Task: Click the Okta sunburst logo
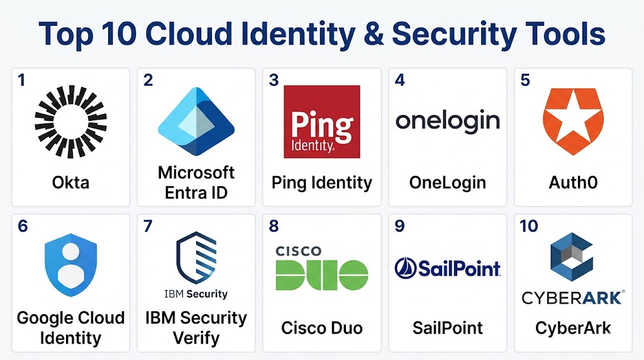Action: click(x=70, y=121)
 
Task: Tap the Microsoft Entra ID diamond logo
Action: click(x=196, y=121)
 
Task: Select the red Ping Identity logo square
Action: click(x=322, y=121)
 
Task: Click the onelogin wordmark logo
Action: click(x=448, y=121)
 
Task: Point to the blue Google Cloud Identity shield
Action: click(x=70, y=265)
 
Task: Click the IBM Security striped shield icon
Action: click(x=196, y=257)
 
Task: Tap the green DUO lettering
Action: click(x=322, y=275)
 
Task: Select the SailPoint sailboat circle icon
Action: click(x=406, y=268)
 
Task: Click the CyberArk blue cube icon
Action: click(x=572, y=257)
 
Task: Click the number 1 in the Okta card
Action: click(x=21, y=80)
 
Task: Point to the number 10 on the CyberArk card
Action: click(x=528, y=226)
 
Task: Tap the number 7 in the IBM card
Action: click(x=148, y=226)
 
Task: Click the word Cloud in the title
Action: click(x=189, y=33)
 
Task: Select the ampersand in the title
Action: click(x=374, y=34)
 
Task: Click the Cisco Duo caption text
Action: click(x=322, y=328)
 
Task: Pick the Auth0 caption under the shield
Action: click(x=574, y=183)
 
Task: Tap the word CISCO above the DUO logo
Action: click(x=299, y=251)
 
